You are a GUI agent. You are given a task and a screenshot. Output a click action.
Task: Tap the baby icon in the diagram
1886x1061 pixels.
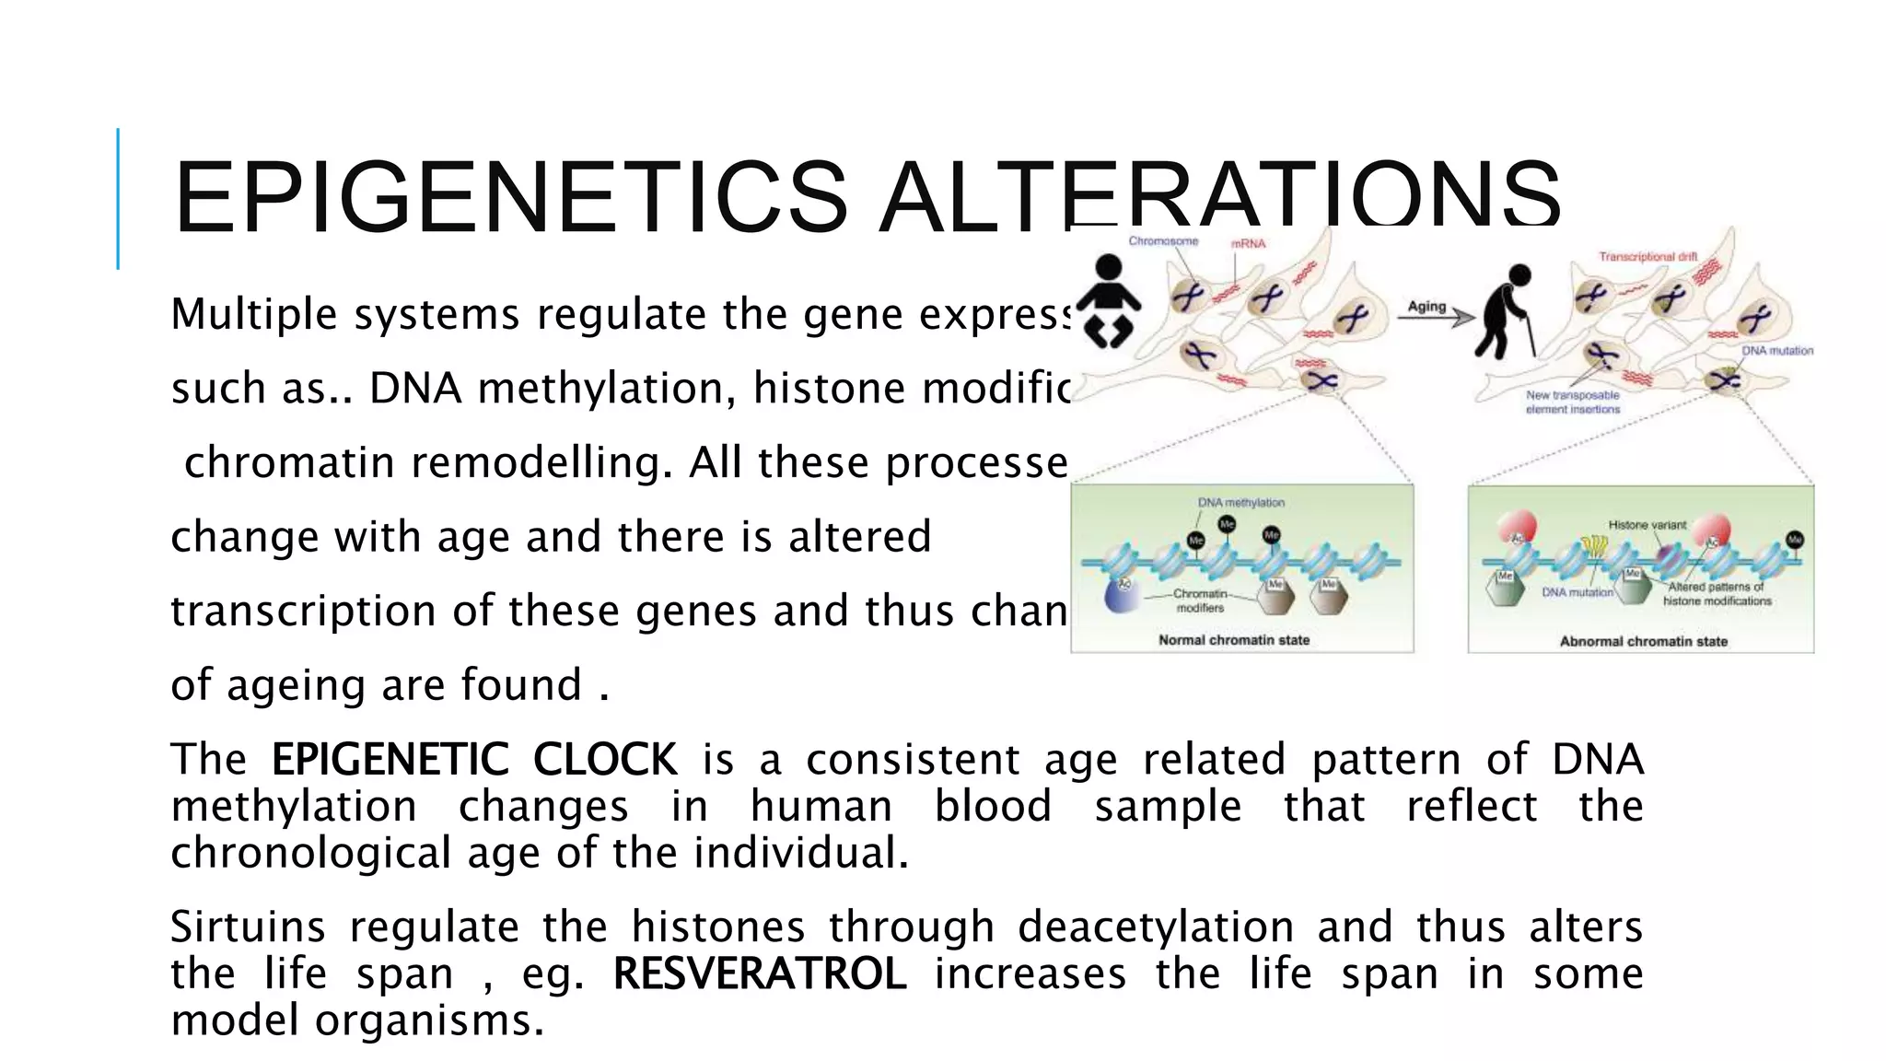point(1108,302)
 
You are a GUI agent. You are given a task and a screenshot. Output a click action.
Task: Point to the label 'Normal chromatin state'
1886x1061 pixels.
point(1233,640)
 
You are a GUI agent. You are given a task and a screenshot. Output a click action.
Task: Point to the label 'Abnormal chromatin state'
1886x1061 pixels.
point(1643,641)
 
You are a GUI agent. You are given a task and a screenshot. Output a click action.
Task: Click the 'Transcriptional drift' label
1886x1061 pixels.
point(1647,257)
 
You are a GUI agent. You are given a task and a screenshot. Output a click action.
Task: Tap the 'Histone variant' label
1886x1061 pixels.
point(1647,525)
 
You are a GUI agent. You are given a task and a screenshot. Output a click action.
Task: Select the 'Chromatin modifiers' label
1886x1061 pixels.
point(1200,600)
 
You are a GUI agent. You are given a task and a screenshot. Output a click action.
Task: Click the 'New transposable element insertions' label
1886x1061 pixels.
point(1572,402)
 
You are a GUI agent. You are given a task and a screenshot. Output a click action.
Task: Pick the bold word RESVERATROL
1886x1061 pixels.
point(760,974)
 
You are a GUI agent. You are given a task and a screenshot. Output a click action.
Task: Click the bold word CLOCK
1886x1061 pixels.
point(604,760)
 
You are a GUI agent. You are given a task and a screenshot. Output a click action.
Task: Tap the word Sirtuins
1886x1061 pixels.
point(248,927)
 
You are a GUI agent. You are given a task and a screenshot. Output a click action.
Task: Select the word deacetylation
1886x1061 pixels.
point(1156,927)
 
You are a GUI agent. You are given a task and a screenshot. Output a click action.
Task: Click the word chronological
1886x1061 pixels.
point(310,853)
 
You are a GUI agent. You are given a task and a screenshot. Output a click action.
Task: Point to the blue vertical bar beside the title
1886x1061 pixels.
point(118,198)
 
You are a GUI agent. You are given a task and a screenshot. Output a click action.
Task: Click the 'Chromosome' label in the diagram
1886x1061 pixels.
point(1163,241)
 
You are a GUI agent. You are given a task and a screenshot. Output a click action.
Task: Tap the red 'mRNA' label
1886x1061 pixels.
point(1249,244)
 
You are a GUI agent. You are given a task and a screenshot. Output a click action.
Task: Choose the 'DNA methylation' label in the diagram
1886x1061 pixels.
point(1240,503)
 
